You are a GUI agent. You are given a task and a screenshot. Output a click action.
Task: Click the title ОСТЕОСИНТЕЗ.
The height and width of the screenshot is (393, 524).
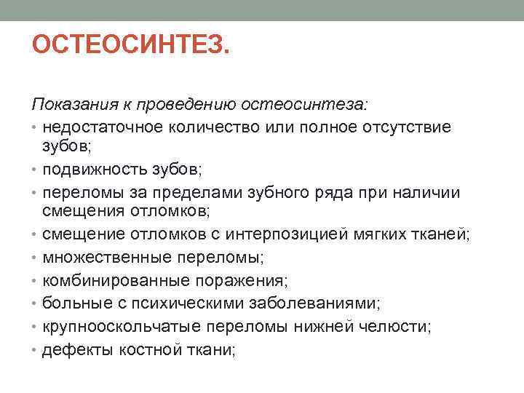131,49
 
